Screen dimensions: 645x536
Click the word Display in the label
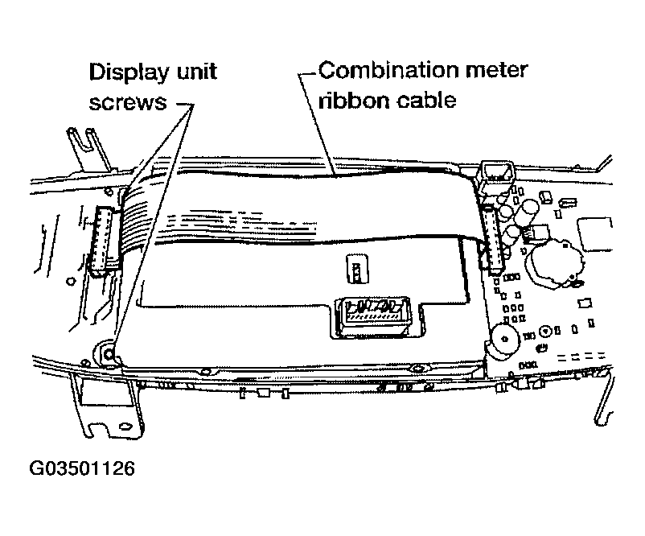pos(125,72)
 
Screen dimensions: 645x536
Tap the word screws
pos(128,103)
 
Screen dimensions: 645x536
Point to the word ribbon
pos(348,101)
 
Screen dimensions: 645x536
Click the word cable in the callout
pos(418,101)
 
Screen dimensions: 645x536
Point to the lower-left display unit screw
pos(105,353)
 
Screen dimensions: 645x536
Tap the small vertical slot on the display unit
pos(353,270)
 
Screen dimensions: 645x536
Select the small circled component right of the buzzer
pos(546,331)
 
